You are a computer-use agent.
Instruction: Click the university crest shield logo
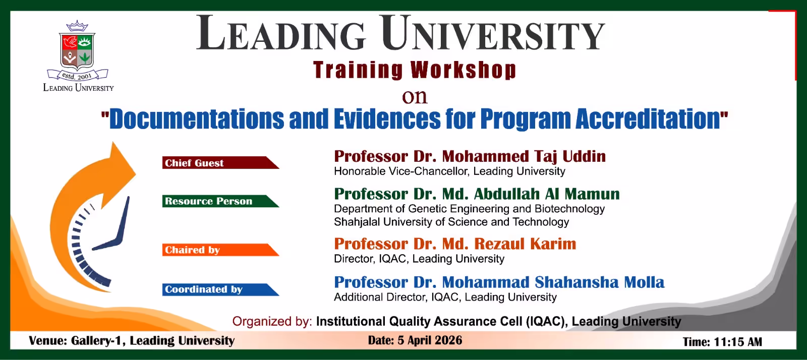click(77, 50)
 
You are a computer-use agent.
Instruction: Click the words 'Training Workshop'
click(414, 70)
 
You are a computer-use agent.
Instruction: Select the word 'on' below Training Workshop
click(414, 96)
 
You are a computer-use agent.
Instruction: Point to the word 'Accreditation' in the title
click(648, 119)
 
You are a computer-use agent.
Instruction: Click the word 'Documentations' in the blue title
click(197, 119)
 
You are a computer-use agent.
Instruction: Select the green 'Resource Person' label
click(208, 201)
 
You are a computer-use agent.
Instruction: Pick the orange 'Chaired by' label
click(192, 250)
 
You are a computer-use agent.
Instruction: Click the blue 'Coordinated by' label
click(204, 289)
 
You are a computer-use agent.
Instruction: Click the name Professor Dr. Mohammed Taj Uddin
click(470, 156)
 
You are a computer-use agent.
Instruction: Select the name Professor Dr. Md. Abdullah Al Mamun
click(477, 194)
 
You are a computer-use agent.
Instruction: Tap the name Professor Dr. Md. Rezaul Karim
click(455, 244)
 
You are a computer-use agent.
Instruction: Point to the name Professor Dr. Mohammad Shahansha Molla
click(499, 282)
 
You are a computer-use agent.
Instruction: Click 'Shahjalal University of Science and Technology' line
click(451, 222)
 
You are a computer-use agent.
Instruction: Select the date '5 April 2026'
click(430, 340)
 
